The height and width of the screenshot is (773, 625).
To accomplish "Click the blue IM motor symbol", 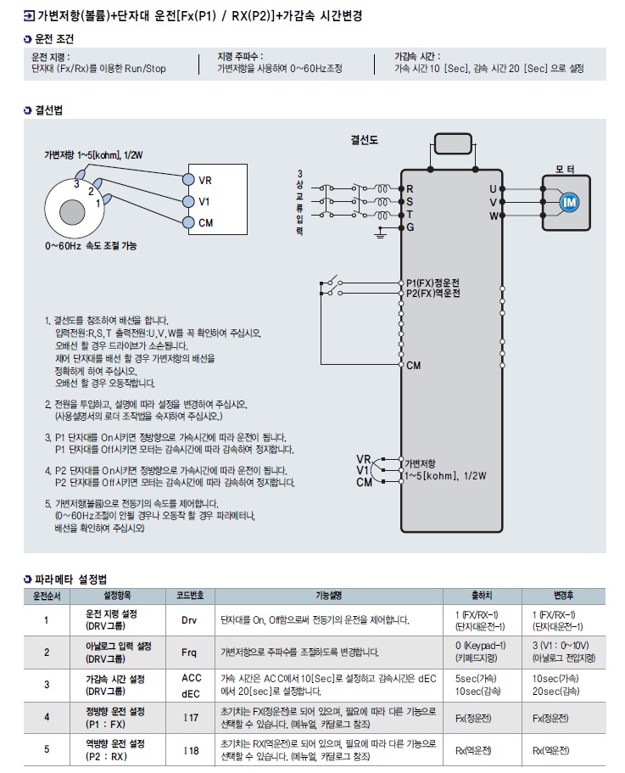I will coord(570,201).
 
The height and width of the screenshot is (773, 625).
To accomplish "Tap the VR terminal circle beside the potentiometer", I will coord(187,179).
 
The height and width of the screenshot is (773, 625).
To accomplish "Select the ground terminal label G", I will coord(410,227).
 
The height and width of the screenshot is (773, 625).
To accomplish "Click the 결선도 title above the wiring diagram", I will coord(365,139).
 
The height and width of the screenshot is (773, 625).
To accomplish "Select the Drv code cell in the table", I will coord(189,619).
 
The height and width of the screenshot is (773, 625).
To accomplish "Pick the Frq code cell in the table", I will coord(189,653).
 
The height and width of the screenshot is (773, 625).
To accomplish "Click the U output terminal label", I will coord(493,188).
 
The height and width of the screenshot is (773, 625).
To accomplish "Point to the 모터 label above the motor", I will coord(565,170).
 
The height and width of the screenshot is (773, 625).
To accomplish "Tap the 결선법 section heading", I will coord(48,110).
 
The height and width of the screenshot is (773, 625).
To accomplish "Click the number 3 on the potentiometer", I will coord(76,182).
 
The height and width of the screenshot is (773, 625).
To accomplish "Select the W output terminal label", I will coord(493,216).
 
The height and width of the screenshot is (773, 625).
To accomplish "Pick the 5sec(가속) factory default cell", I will coord(477,679).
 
